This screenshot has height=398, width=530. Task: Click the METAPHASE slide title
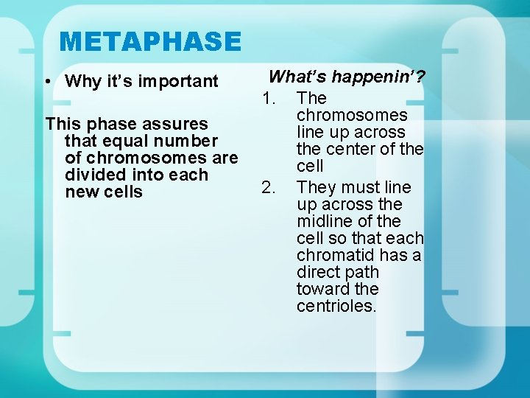tap(150, 41)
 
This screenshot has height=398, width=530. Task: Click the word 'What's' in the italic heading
tap(298, 77)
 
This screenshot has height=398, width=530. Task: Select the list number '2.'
tap(269, 187)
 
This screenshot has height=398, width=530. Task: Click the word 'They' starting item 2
tap(315, 187)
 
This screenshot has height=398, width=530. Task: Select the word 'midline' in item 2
tap(323, 221)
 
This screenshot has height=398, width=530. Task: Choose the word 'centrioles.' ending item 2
tap(336, 306)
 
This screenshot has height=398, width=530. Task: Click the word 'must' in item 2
tap(358, 187)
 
